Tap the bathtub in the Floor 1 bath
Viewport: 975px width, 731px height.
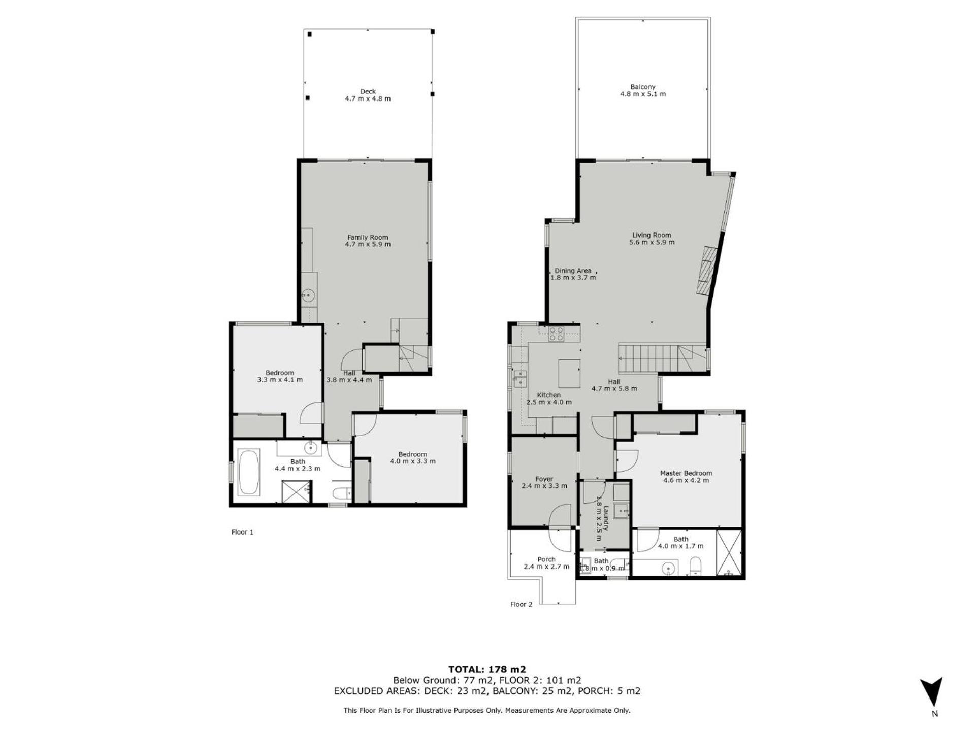(x=249, y=472)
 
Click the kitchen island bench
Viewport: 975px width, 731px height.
(x=569, y=373)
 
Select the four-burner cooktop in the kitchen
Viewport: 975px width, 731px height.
(x=556, y=334)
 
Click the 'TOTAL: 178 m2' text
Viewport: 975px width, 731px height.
(x=487, y=669)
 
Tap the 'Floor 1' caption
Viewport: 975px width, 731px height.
(x=242, y=532)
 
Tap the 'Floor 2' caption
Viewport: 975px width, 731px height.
(x=522, y=604)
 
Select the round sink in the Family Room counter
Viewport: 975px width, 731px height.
(x=308, y=294)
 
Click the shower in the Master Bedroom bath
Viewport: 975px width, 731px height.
(x=729, y=553)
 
